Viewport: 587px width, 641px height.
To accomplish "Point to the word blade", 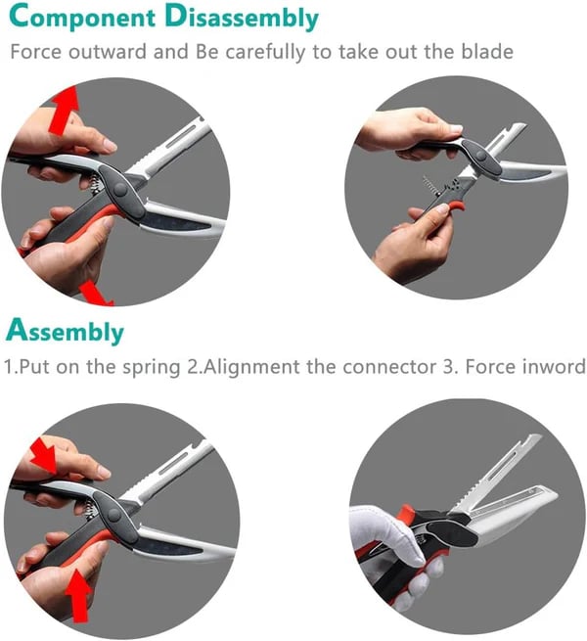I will point(485,52).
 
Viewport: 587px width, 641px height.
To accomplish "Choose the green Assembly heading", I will point(67,332).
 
